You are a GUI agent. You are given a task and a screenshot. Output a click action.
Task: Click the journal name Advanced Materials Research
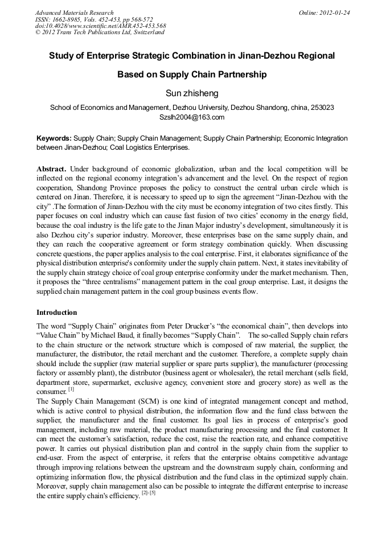[x=74, y=13]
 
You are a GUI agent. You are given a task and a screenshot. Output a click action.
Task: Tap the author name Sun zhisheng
[x=192, y=93]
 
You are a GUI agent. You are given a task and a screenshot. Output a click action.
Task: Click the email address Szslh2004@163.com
[x=192, y=117]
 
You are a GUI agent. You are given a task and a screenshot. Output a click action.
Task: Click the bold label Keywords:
[x=54, y=138]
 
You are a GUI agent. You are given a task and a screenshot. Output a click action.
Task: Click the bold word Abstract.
[x=51, y=170]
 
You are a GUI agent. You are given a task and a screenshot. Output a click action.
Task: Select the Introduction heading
[x=56, y=313]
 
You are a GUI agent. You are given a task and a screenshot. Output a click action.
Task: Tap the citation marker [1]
[x=71, y=389]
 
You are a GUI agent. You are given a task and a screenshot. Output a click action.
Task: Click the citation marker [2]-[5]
[x=149, y=493]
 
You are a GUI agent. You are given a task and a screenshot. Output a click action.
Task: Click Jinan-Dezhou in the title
[x=270, y=56]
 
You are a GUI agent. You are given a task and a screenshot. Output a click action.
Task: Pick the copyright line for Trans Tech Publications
[x=100, y=32]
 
